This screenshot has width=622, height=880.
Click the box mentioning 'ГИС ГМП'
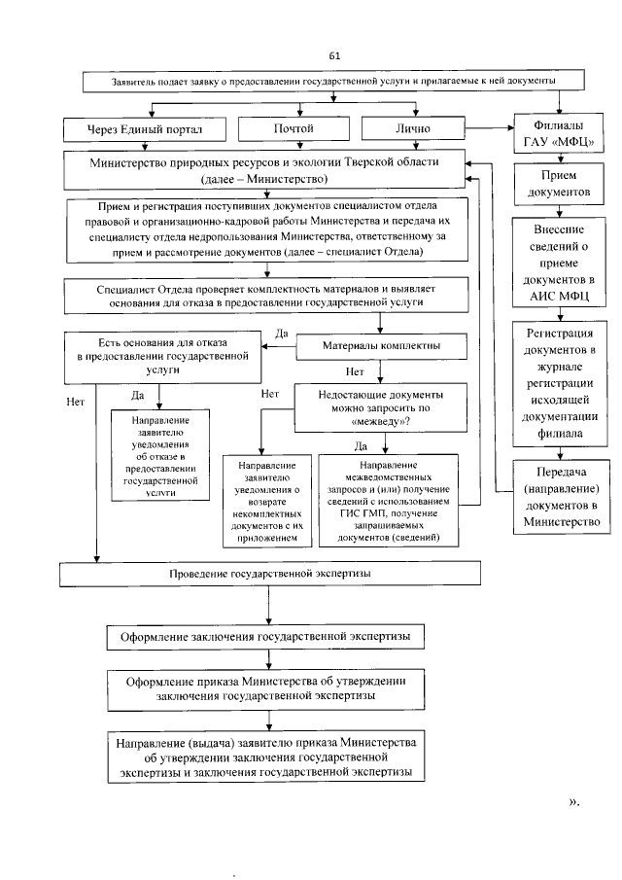tap(386, 498)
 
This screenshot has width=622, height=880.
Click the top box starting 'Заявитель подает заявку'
tap(320, 82)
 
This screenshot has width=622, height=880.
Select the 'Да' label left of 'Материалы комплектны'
tap(281, 334)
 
